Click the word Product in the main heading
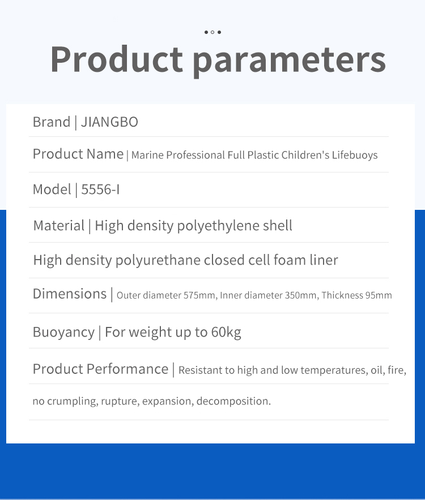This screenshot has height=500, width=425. pos(117,59)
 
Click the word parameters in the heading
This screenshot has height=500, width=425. pos(290,61)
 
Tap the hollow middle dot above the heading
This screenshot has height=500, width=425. pos(212,32)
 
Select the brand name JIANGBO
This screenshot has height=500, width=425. pos(109,122)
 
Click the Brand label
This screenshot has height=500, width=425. pos(52,122)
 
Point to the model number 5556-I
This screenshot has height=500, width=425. pos(100,189)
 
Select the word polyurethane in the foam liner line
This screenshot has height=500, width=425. pos(158,260)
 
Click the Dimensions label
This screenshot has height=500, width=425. pos(70,294)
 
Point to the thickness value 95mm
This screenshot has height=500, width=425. pos(379,295)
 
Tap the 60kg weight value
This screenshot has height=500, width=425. pos(226,332)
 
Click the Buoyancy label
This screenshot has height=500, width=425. pos(63,332)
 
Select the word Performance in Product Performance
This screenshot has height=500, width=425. pos(127,369)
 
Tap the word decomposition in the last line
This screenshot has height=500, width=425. pos(233,401)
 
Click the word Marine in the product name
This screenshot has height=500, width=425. pos(147,156)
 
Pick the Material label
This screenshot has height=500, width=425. pos(59,226)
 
